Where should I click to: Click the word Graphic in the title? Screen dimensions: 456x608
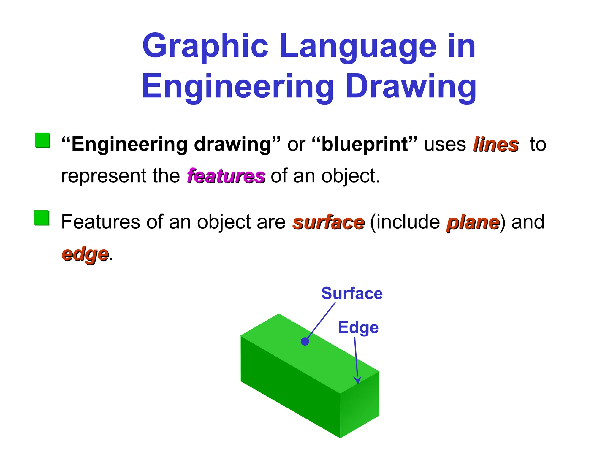tap(205, 46)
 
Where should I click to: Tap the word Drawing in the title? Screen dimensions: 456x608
tap(411, 87)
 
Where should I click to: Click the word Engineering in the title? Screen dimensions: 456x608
tap(237, 87)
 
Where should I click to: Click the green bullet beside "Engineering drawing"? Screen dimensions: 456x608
tap(42, 140)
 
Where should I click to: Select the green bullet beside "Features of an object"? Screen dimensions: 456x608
tap(42, 218)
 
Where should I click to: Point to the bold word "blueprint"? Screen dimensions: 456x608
tap(365, 144)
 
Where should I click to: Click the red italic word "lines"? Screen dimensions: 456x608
tap(495, 145)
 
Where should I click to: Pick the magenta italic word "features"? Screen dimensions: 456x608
tap(226, 176)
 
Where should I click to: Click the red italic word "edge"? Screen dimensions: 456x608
tap(85, 254)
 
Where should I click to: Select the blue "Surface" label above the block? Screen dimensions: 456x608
tap(352, 293)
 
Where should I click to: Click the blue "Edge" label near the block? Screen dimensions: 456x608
tap(358, 327)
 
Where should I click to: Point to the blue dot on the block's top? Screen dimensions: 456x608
tap(305, 341)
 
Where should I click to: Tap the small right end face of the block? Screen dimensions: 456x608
tap(360, 405)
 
